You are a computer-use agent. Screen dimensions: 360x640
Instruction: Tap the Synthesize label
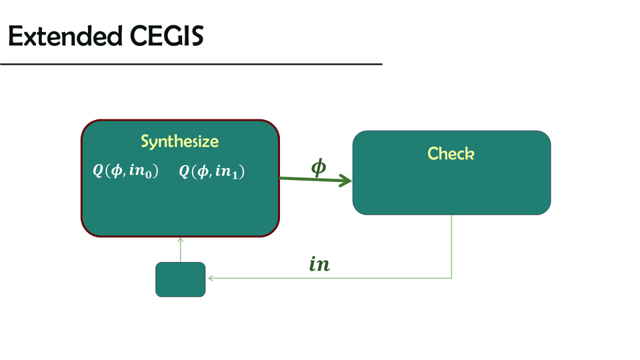179,141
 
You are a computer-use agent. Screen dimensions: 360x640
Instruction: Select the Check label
451,153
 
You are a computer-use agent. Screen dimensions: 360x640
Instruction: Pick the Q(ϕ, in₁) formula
212,172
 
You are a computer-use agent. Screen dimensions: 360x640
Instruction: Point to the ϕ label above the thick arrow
319,167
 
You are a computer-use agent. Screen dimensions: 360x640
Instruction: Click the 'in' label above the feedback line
319,265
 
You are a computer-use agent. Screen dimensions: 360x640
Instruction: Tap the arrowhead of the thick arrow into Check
346,181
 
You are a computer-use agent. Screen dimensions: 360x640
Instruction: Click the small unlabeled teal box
180,279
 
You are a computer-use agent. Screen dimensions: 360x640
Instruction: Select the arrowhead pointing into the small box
209,278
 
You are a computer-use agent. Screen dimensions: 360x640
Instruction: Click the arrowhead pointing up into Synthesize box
181,240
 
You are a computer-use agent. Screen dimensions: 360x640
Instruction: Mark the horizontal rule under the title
191,64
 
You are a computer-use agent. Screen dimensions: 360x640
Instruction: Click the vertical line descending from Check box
452,247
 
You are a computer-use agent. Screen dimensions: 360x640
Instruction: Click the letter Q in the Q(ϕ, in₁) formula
185,172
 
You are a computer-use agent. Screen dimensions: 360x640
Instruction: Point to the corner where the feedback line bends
452,278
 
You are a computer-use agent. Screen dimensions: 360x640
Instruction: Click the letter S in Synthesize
145,142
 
